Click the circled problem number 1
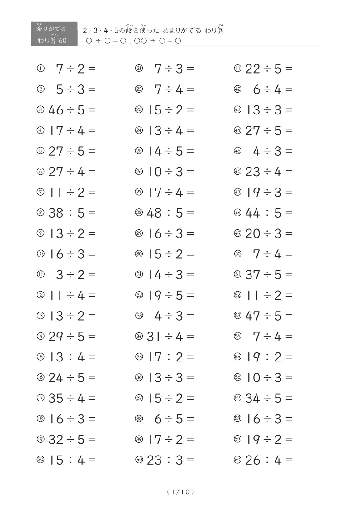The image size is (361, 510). (40, 69)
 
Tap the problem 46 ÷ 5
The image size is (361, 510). (72, 110)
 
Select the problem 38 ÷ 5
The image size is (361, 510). (72, 213)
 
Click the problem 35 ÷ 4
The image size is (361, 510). (72, 398)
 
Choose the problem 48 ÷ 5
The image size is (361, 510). (170, 213)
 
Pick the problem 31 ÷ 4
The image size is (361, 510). (170, 337)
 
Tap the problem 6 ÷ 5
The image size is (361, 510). (174, 419)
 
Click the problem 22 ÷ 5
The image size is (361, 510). (269, 69)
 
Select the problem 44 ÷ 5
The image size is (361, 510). (269, 213)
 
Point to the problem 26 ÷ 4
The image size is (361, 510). (269, 460)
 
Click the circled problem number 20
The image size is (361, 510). (40, 460)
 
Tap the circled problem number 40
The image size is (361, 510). (139, 460)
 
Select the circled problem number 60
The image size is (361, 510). (237, 460)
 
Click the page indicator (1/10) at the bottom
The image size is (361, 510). (180, 491)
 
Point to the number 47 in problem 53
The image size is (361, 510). (252, 316)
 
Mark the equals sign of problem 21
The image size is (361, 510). (190, 69)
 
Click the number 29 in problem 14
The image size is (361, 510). (55, 337)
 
